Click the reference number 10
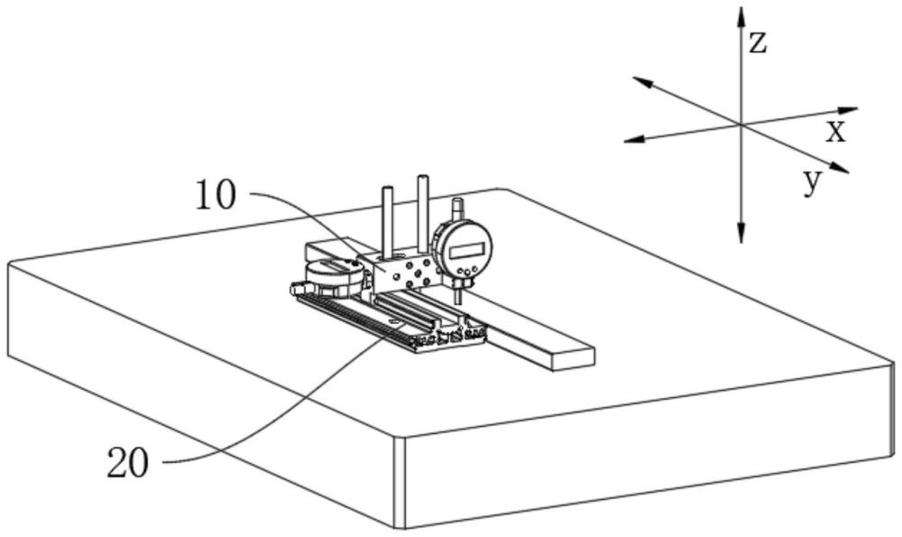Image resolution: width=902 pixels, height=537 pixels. pyautogui.click(x=216, y=195)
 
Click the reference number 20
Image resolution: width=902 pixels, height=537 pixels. pyautogui.click(x=128, y=463)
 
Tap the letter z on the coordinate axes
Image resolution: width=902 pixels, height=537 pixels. pyautogui.click(x=759, y=42)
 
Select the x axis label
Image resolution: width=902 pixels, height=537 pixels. pyautogui.click(x=836, y=132)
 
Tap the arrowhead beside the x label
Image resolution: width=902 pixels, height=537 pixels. pyautogui.click(x=848, y=110)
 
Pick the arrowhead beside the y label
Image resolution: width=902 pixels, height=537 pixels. pyautogui.click(x=839, y=168)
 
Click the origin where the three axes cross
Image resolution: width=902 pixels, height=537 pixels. pyautogui.click(x=741, y=125)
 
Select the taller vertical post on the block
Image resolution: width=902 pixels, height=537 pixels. pyautogui.click(x=423, y=213)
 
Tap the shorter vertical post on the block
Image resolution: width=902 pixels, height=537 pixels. pyautogui.click(x=387, y=223)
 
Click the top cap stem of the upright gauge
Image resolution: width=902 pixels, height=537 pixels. pyautogui.click(x=457, y=208)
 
